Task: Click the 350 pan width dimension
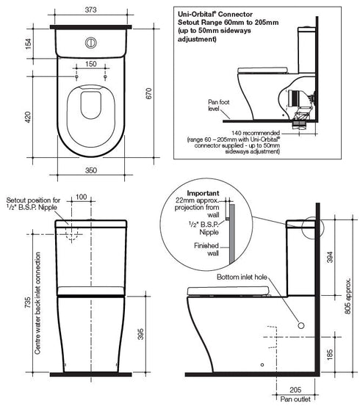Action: coord(90,170)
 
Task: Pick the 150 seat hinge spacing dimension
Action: coord(91,64)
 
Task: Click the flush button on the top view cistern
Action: coord(91,42)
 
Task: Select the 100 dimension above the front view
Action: coord(81,197)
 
